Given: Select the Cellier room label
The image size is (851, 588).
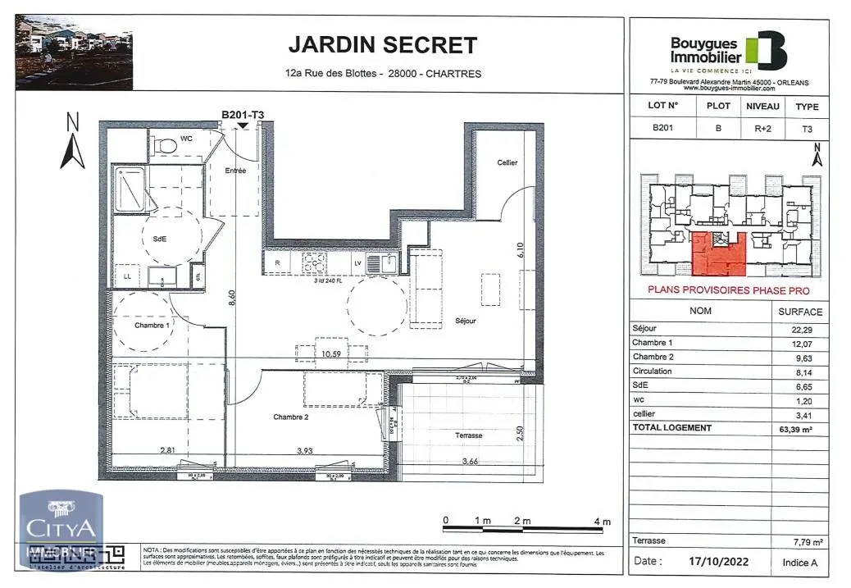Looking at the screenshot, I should [507, 162].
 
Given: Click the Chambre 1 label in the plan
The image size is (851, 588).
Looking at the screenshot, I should [152, 326].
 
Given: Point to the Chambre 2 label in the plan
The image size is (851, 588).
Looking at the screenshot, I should [290, 417].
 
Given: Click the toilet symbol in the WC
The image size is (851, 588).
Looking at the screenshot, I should [166, 144].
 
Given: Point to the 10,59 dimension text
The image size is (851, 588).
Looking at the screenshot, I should [330, 355].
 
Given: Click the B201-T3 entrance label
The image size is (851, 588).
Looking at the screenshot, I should [242, 115].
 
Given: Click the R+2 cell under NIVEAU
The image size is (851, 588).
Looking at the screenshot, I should [762, 128].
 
